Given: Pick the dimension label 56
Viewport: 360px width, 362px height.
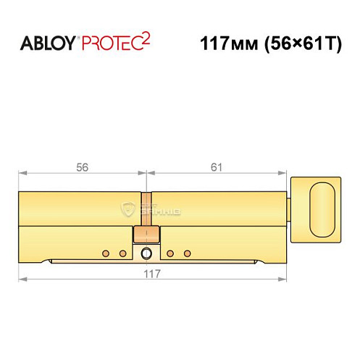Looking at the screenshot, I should [83, 167].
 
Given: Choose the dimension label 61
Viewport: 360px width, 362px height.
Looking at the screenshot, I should [216, 167].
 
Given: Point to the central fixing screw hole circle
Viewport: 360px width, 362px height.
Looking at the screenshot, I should [148, 253].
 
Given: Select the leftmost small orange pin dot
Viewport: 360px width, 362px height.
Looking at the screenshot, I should [105, 253].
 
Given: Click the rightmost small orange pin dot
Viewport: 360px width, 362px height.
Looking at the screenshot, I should [187, 253].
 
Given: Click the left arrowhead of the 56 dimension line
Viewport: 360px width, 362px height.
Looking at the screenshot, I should [22, 174].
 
